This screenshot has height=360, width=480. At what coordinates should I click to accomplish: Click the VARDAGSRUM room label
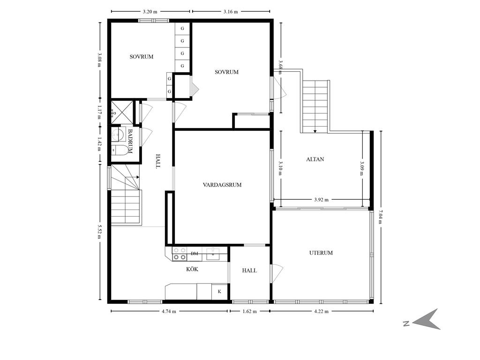pos(222,185)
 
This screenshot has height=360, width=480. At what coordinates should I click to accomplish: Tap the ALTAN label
pos(315,159)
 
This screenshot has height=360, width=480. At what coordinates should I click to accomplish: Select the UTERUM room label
pos(321,253)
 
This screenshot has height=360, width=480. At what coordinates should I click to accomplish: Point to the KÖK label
pos(192,269)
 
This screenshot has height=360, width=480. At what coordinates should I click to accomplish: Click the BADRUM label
pos(130,141)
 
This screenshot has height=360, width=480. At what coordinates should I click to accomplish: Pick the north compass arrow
pos(427,320)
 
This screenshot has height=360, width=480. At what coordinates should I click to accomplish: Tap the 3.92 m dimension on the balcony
pos(321,200)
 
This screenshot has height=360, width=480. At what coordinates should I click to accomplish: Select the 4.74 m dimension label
pos(169,311)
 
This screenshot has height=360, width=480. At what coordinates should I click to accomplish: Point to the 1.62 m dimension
pos(249,311)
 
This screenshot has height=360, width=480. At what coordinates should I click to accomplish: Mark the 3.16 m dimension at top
pos(231,12)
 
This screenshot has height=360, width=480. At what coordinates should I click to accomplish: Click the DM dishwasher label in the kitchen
pos(195,254)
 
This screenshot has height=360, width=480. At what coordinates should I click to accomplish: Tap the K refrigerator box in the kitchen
pos(219,292)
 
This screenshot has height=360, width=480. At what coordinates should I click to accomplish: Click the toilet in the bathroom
pos(120,150)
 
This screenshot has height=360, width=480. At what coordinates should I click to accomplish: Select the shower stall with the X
pos(122,112)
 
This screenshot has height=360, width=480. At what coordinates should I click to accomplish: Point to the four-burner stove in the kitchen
pos(180,254)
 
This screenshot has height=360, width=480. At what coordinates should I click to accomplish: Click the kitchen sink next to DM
pos(213,254)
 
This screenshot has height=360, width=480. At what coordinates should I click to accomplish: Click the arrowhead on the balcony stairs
pos(315,131)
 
